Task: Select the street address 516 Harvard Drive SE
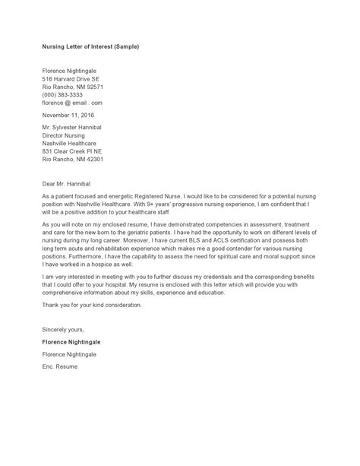click(x=71, y=79)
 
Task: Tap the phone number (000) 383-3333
click(x=63, y=95)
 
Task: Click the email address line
click(x=72, y=103)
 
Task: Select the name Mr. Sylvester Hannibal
click(x=72, y=127)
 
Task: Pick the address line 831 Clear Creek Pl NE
click(x=73, y=151)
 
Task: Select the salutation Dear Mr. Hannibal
click(x=67, y=183)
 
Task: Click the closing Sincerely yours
click(x=64, y=330)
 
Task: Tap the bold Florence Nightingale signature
click(x=71, y=342)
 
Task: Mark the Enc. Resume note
click(x=60, y=366)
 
